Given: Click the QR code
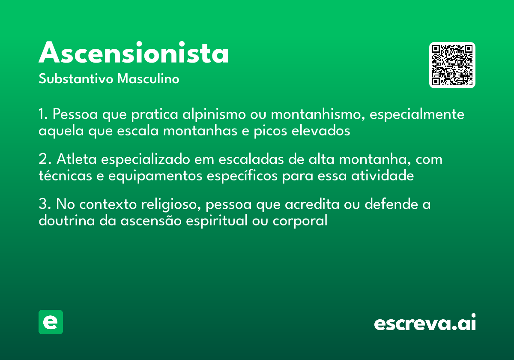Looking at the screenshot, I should click(452, 65).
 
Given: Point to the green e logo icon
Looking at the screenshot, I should click(51, 322).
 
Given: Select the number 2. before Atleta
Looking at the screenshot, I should click(45, 159).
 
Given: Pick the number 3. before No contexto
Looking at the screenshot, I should click(45, 204).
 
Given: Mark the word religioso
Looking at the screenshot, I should click(171, 205).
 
